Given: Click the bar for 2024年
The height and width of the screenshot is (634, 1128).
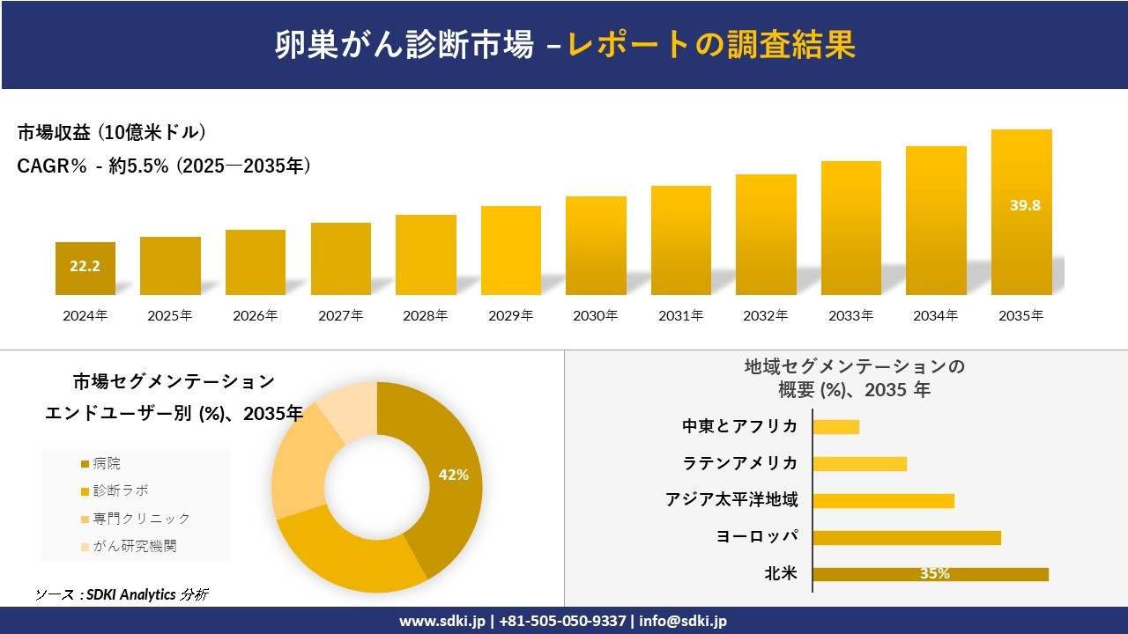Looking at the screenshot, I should (x=85, y=269).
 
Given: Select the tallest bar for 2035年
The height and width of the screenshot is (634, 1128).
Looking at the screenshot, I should (x=1021, y=212).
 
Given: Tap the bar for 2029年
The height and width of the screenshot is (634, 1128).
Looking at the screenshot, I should (x=511, y=251).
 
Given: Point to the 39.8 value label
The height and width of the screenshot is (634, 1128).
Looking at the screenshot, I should (x=1025, y=205).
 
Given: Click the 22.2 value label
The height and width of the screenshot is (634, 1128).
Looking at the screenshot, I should (x=85, y=266).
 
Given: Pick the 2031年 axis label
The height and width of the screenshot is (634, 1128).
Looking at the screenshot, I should (x=680, y=315).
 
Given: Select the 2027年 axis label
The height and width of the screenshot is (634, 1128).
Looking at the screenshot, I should (x=340, y=315).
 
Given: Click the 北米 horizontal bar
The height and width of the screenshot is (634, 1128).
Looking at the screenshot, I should (x=931, y=574).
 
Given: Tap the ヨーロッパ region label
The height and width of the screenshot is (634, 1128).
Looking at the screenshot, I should (x=757, y=536).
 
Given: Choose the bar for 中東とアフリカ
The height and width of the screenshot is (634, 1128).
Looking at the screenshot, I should (x=835, y=427).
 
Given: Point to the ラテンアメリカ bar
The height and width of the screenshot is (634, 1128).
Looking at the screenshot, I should (x=859, y=464).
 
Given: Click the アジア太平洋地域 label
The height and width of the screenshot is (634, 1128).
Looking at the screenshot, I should (x=731, y=500).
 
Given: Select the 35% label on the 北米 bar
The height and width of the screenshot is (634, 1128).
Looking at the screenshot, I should (x=934, y=574).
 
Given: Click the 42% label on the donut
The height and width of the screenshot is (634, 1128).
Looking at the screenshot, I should (x=453, y=475).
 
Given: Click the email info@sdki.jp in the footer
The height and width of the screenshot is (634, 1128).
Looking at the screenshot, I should (x=683, y=621).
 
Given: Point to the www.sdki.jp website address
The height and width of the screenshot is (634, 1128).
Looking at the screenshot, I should (x=442, y=621).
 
